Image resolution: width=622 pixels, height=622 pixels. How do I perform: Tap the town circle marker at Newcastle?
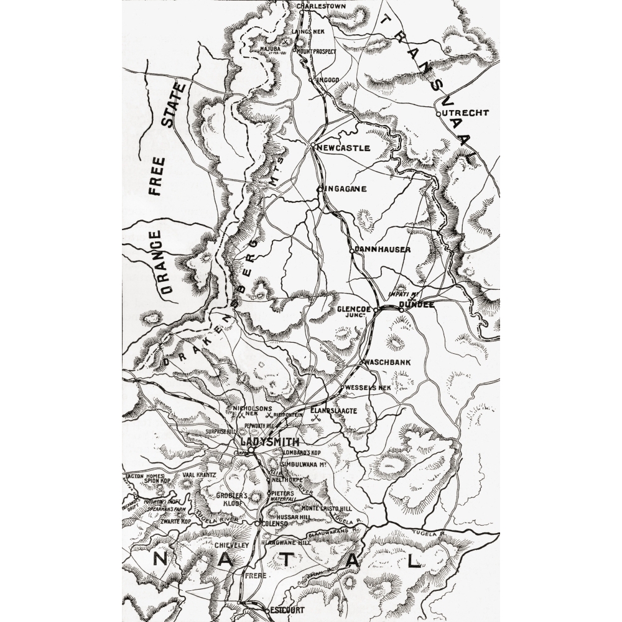tap(312, 145)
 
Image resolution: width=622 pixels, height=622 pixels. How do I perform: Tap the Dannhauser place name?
tap(383, 249)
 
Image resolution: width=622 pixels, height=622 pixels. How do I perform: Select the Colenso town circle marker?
tap(257, 524)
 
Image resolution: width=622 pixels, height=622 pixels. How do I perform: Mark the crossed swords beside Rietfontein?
tap(269, 414)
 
